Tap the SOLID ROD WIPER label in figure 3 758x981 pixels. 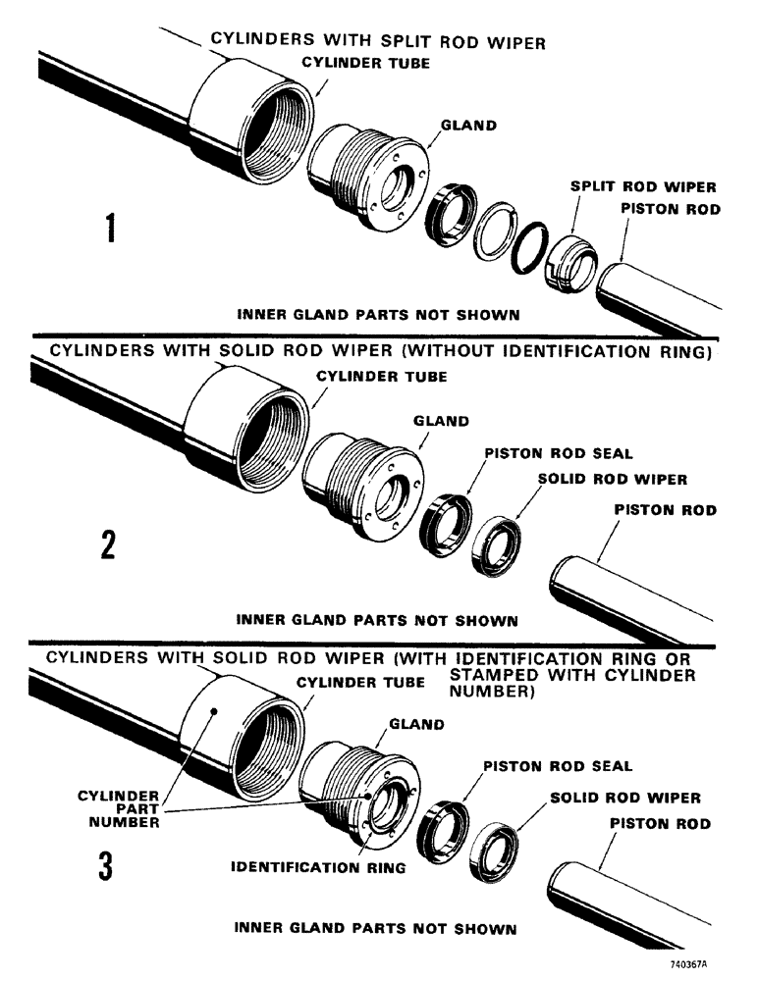pos(625,799)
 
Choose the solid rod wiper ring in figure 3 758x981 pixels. pos(492,845)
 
